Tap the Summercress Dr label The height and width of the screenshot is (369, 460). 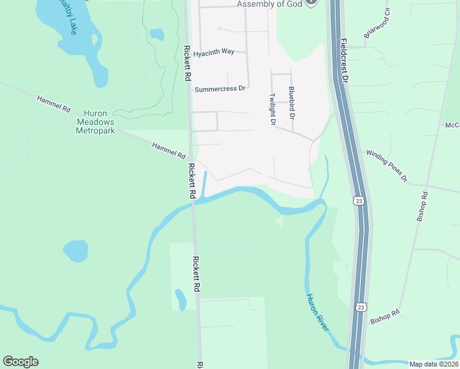pyautogui.click(x=220, y=89)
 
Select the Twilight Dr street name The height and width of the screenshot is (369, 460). pyautogui.click(x=271, y=109)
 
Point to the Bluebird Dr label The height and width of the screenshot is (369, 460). pyautogui.click(x=291, y=103)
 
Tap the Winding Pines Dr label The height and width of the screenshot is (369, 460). pyautogui.click(x=387, y=165)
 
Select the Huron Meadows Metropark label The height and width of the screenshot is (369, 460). pyautogui.click(x=95, y=122)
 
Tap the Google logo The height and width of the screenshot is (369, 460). pyautogui.click(x=20, y=362)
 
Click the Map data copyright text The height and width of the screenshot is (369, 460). pyautogui.click(x=434, y=364)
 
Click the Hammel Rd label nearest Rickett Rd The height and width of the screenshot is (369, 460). pyautogui.click(x=169, y=150)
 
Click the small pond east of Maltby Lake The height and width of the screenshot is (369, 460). pyautogui.click(x=157, y=34)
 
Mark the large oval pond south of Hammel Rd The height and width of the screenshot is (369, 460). pyautogui.click(x=76, y=251)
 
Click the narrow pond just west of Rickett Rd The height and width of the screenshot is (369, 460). pyautogui.click(x=180, y=300)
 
